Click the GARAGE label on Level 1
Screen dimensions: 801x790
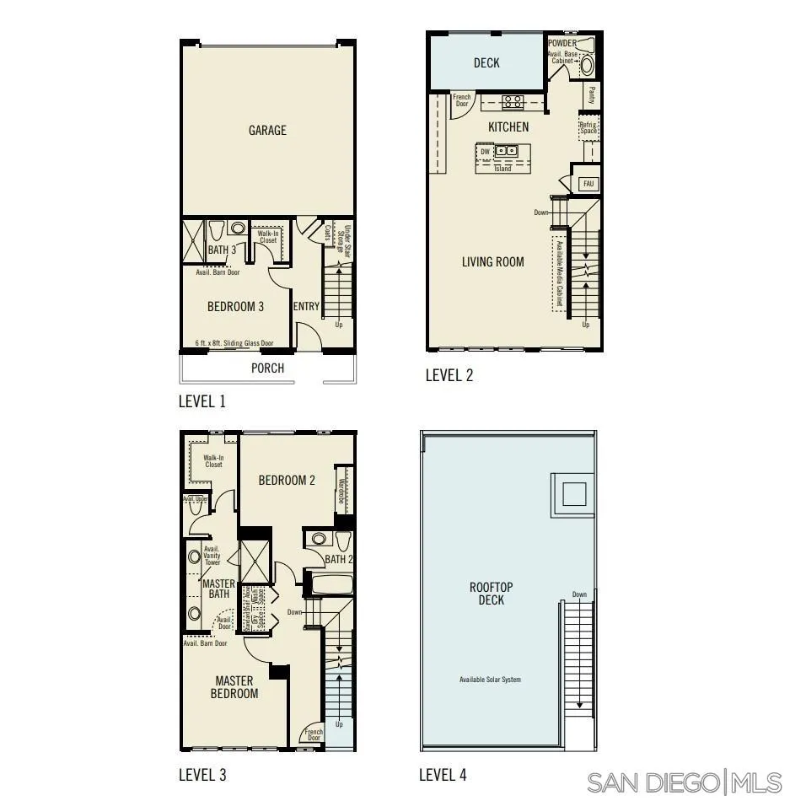pyautogui.click(x=267, y=131)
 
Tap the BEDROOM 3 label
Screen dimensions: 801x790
pyautogui.click(x=235, y=307)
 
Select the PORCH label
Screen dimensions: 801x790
pyautogui.click(x=267, y=368)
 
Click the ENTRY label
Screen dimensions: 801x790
pyautogui.click(x=306, y=307)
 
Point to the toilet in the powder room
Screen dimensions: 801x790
pyautogui.click(x=587, y=65)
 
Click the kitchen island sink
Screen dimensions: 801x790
pyautogui.click(x=507, y=151)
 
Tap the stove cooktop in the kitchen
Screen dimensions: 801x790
pyautogui.click(x=512, y=103)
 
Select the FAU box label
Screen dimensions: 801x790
pyautogui.click(x=587, y=183)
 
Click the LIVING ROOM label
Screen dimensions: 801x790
pyautogui.click(x=492, y=262)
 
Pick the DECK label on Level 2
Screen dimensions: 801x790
pyautogui.click(x=486, y=63)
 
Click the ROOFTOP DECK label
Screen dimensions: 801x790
pyautogui.click(x=492, y=594)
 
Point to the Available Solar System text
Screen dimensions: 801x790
pyautogui.click(x=490, y=680)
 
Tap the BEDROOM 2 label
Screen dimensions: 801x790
pyautogui.click(x=287, y=481)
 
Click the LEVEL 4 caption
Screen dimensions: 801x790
pyautogui.click(x=443, y=775)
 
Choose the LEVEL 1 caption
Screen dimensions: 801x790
pyautogui.click(x=202, y=401)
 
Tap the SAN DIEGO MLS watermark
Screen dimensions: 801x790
pyautogui.click(x=684, y=782)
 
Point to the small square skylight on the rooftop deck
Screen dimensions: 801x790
pyautogui.click(x=573, y=494)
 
